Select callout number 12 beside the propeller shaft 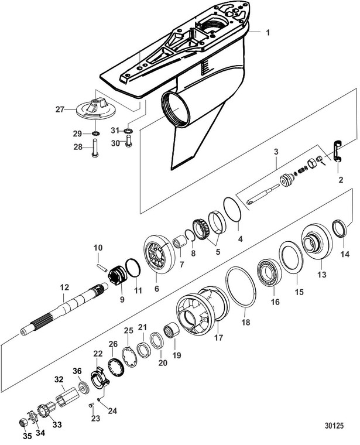64,287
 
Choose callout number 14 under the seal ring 345,254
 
